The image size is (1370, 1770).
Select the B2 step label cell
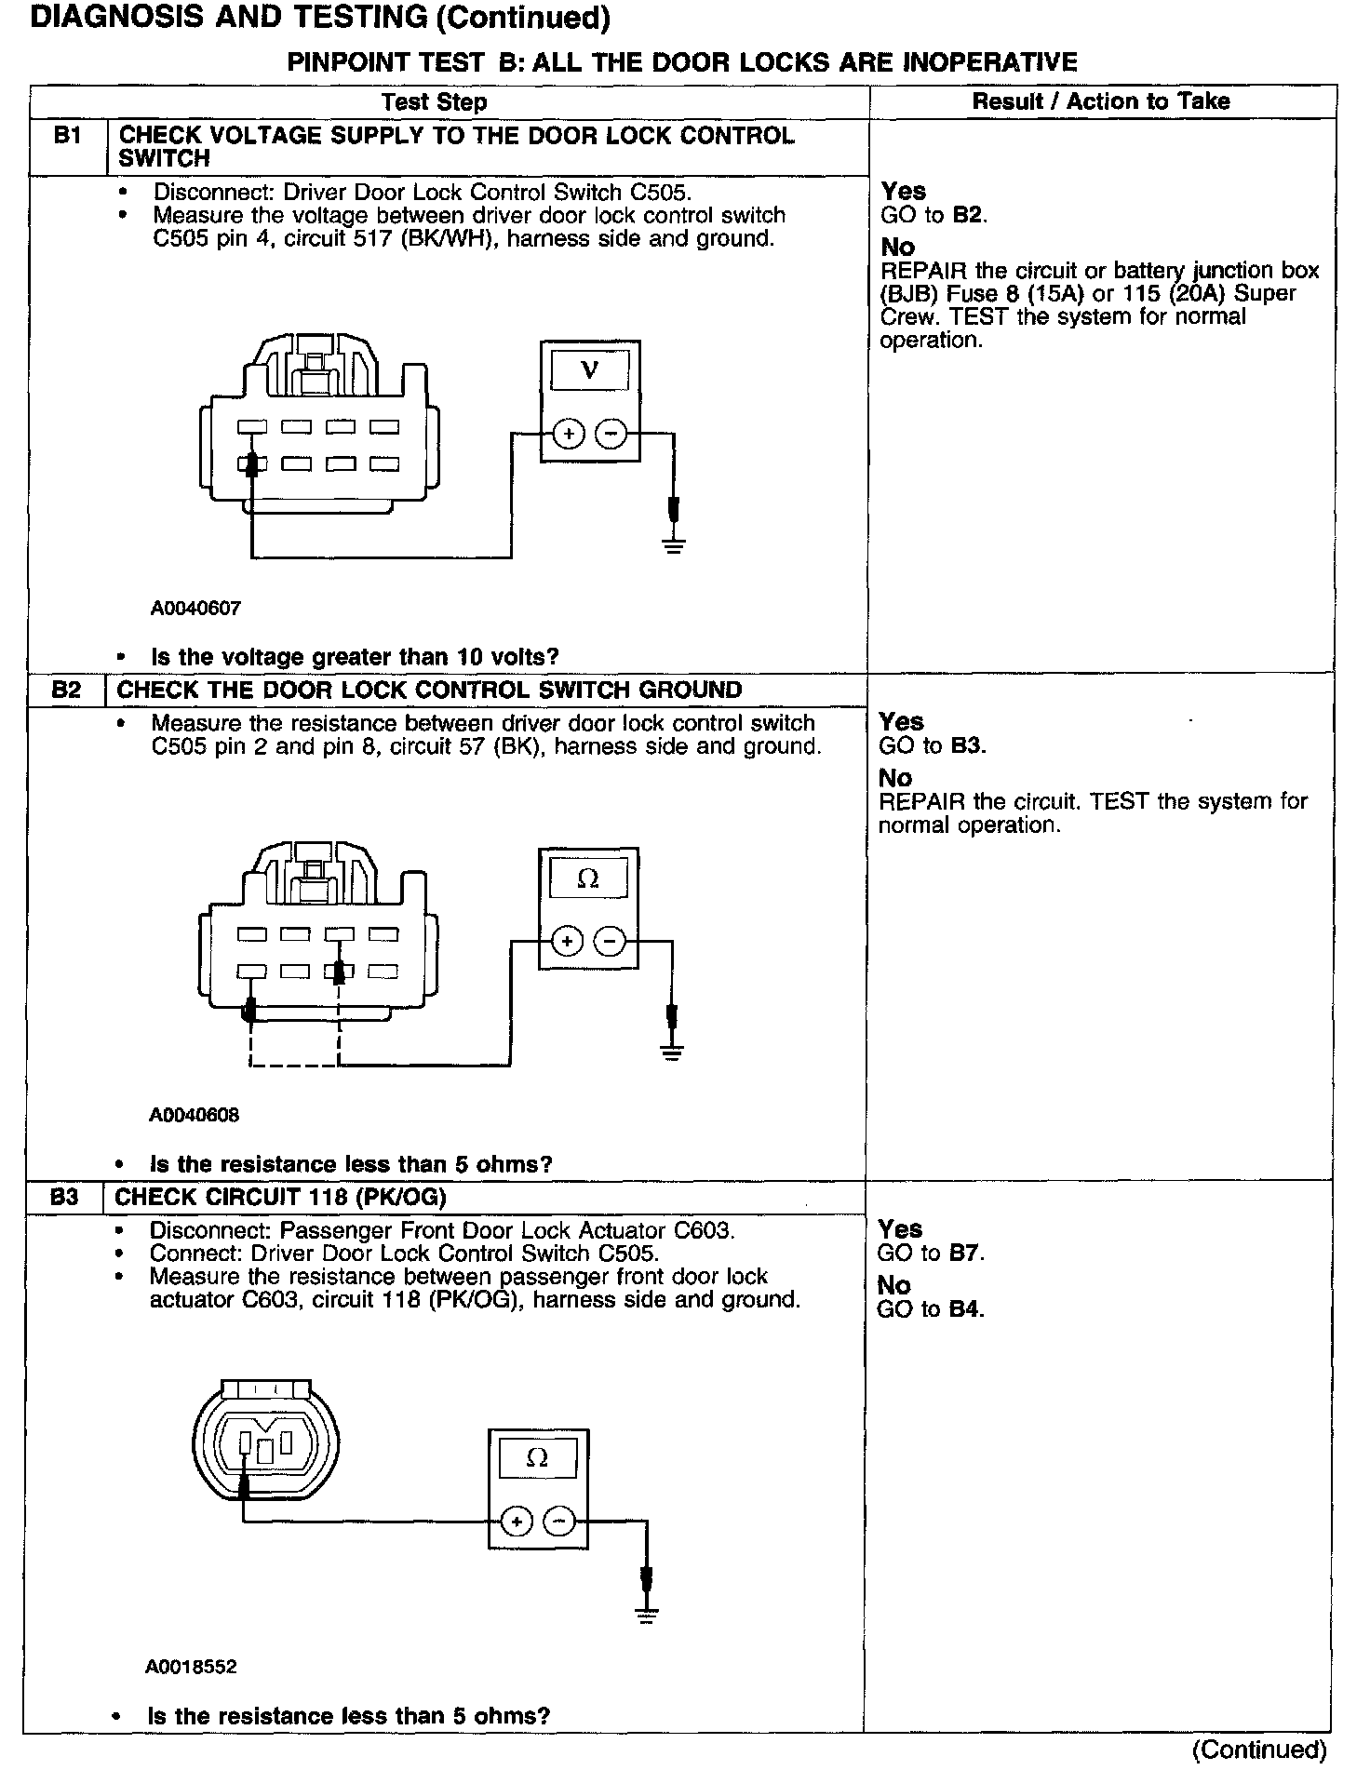pyautogui.click(x=66, y=690)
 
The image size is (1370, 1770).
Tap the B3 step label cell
pyautogui.click(x=63, y=1197)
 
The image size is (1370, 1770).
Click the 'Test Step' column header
pyautogui.click(x=434, y=102)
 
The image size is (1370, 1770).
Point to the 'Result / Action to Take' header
pyautogui.click(x=1101, y=101)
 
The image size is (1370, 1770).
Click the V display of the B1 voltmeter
pyautogui.click(x=590, y=371)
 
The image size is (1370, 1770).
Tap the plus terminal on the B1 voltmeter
pyautogui.click(x=569, y=434)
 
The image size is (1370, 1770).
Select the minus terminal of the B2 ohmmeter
pyautogui.click(x=610, y=942)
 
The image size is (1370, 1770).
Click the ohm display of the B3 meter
pyautogui.click(x=537, y=1458)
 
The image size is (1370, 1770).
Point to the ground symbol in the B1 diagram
pyautogui.click(x=674, y=544)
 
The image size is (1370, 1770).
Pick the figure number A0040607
pyautogui.click(x=195, y=609)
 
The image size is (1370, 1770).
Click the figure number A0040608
pyautogui.click(x=194, y=1115)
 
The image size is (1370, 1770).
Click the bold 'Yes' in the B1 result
pyautogui.click(x=904, y=191)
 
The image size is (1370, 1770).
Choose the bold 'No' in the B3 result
pyautogui.click(x=894, y=1285)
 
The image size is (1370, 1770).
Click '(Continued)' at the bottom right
pyautogui.click(x=1259, y=1750)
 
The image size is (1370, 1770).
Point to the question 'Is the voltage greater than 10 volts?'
pyautogui.click(x=354, y=657)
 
